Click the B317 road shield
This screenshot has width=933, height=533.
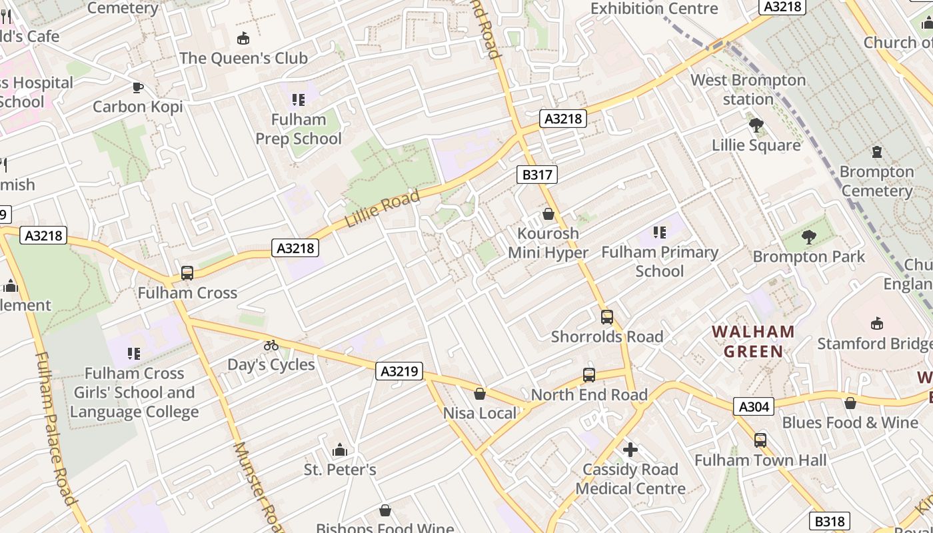point(536,175)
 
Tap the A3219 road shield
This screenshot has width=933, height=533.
point(399,371)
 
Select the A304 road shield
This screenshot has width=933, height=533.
point(754,406)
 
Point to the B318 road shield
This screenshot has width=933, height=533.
point(830,521)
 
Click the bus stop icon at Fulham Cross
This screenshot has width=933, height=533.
point(187,273)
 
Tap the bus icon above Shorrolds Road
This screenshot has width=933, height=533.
point(606,317)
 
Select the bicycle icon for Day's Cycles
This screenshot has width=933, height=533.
point(271,345)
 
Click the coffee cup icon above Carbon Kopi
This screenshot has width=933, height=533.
point(137,87)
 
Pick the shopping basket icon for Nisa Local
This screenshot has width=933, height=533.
point(479,394)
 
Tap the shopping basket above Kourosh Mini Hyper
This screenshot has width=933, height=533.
point(548,214)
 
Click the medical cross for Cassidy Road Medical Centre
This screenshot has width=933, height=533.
point(630,450)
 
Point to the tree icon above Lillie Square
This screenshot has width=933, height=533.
point(756,125)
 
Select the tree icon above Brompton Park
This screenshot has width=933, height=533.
point(808,237)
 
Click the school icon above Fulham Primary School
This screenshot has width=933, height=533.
point(659,233)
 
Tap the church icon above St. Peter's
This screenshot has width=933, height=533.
point(340,450)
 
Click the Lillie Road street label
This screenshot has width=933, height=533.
point(383,207)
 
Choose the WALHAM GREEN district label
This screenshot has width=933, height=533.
point(753,341)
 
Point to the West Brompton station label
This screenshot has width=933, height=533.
point(748,89)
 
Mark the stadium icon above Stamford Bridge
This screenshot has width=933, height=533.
point(877,324)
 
